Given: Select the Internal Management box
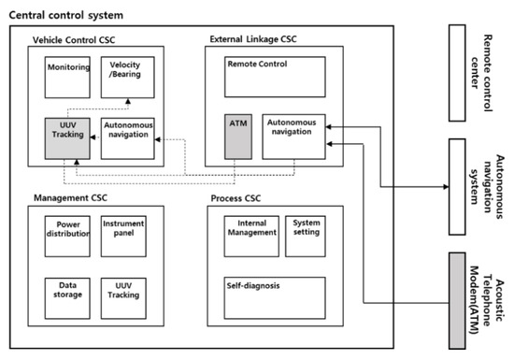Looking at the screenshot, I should click(251, 233).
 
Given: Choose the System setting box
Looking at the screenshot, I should click(306, 233).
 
